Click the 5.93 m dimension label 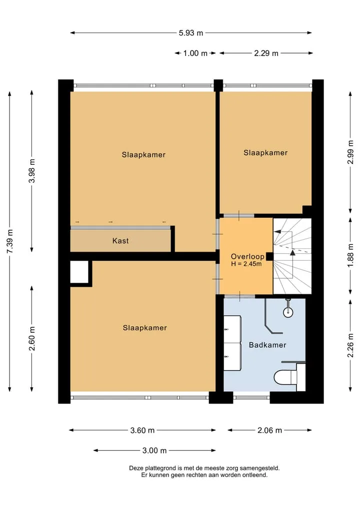(191, 33)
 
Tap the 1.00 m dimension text (195, 53)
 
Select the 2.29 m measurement (266, 53)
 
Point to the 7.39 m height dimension (10, 241)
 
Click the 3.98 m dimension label (32, 171)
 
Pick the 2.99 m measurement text (350, 152)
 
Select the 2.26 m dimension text (350, 345)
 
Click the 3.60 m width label (142, 431)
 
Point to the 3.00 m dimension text (154, 451)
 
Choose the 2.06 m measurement (270, 431)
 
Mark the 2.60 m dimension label (32, 339)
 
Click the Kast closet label (120, 241)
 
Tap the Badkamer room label (267, 345)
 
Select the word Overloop (247, 257)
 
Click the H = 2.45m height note (246, 264)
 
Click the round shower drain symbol (288, 312)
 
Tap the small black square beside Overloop (269, 257)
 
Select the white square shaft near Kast (79, 272)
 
